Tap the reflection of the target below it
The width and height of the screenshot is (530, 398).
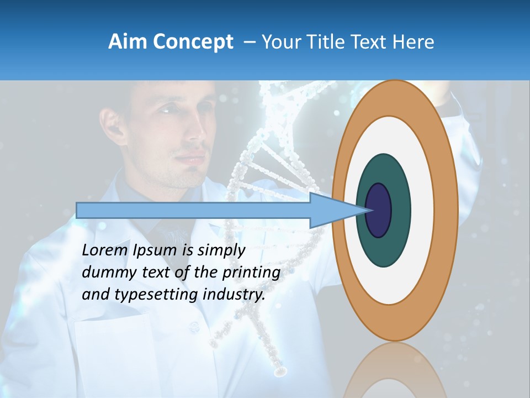pos(395,370)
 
